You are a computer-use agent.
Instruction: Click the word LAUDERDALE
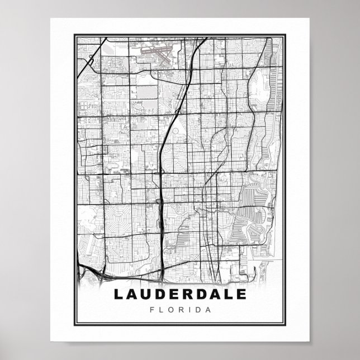click(x=179, y=294)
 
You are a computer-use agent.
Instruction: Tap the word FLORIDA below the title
click(x=179, y=309)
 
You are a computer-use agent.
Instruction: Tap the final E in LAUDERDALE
click(x=241, y=294)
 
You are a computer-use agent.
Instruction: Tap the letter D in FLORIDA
click(x=194, y=309)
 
